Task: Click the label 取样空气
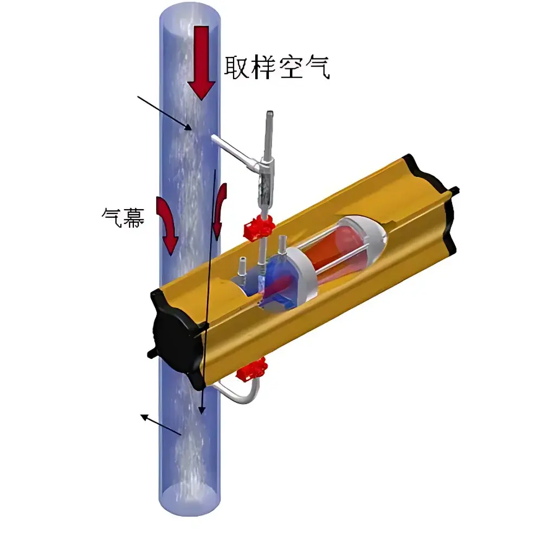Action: (277, 67)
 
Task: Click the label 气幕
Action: (123, 217)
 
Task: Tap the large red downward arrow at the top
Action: (202, 63)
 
